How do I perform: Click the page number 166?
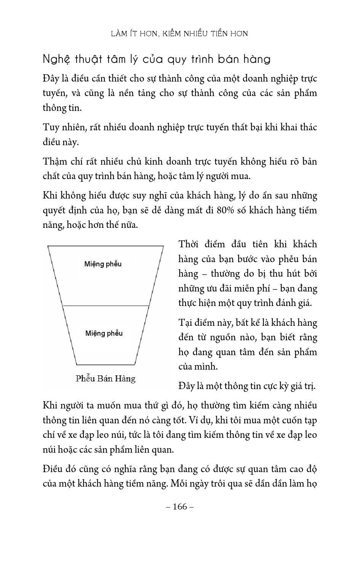coord(180,506)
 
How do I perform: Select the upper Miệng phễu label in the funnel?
coord(103,264)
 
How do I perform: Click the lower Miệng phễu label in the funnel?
coord(104,333)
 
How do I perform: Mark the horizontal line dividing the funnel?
coord(106,306)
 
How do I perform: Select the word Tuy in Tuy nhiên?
coord(50,127)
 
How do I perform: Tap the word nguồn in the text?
coord(242,337)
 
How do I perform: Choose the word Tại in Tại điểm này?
coord(186,323)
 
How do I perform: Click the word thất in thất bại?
coord(232,127)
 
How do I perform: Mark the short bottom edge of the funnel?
coord(106,365)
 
